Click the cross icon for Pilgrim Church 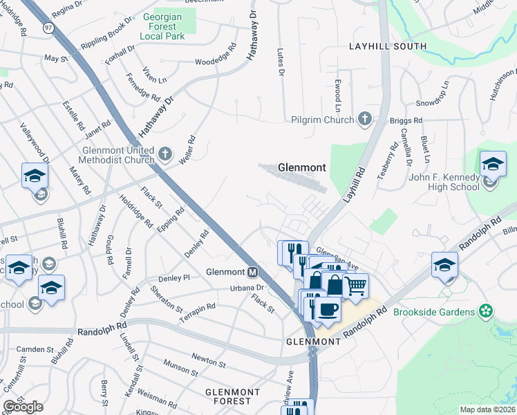click(x=364, y=119)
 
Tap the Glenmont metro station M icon click(x=253, y=272)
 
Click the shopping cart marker click(x=355, y=284)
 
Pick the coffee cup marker click(x=329, y=308)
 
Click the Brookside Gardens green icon click(x=487, y=311)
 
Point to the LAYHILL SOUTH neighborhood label click(x=388, y=46)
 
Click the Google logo click(x=23, y=407)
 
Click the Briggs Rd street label click(x=406, y=120)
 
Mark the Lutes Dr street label click(x=281, y=64)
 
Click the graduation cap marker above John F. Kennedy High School click(x=493, y=164)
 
